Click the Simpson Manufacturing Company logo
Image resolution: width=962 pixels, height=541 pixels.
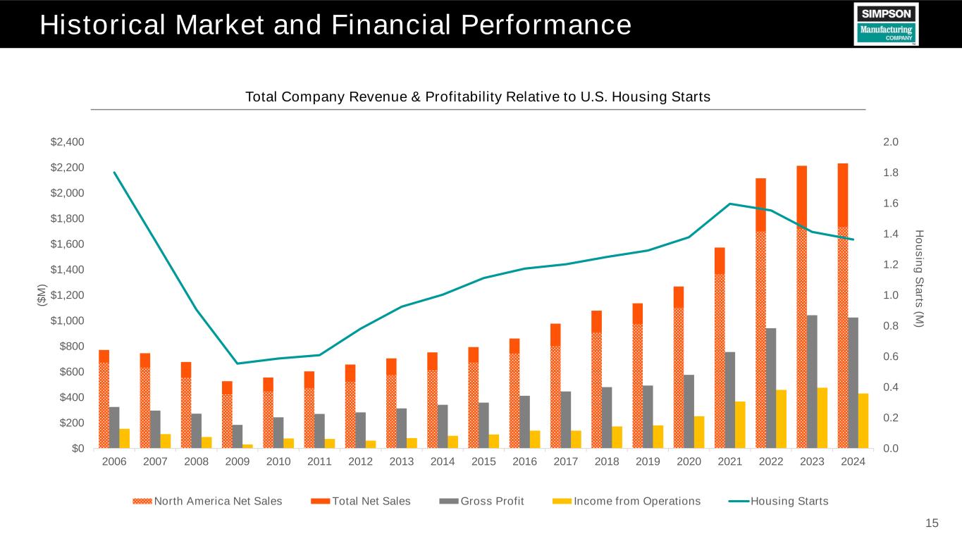[x=886, y=24]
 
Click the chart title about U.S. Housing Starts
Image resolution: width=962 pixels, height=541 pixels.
[x=477, y=97]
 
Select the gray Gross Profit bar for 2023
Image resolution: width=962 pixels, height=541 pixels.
[x=812, y=381]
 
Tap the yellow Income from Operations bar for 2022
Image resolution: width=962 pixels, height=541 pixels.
[x=781, y=418]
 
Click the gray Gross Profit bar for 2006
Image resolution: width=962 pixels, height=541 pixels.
[x=114, y=427]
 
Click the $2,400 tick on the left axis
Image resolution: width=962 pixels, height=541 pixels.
[x=68, y=142]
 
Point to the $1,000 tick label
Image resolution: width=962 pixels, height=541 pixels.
[x=68, y=321]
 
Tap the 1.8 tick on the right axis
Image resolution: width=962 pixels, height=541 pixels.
[x=890, y=173]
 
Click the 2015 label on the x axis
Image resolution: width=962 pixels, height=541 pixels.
[x=483, y=461]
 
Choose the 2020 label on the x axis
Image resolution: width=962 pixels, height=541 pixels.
[x=689, y=461]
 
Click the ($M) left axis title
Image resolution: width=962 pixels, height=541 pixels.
[x=42, y=295]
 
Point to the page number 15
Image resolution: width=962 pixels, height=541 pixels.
[x=932, y=523]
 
